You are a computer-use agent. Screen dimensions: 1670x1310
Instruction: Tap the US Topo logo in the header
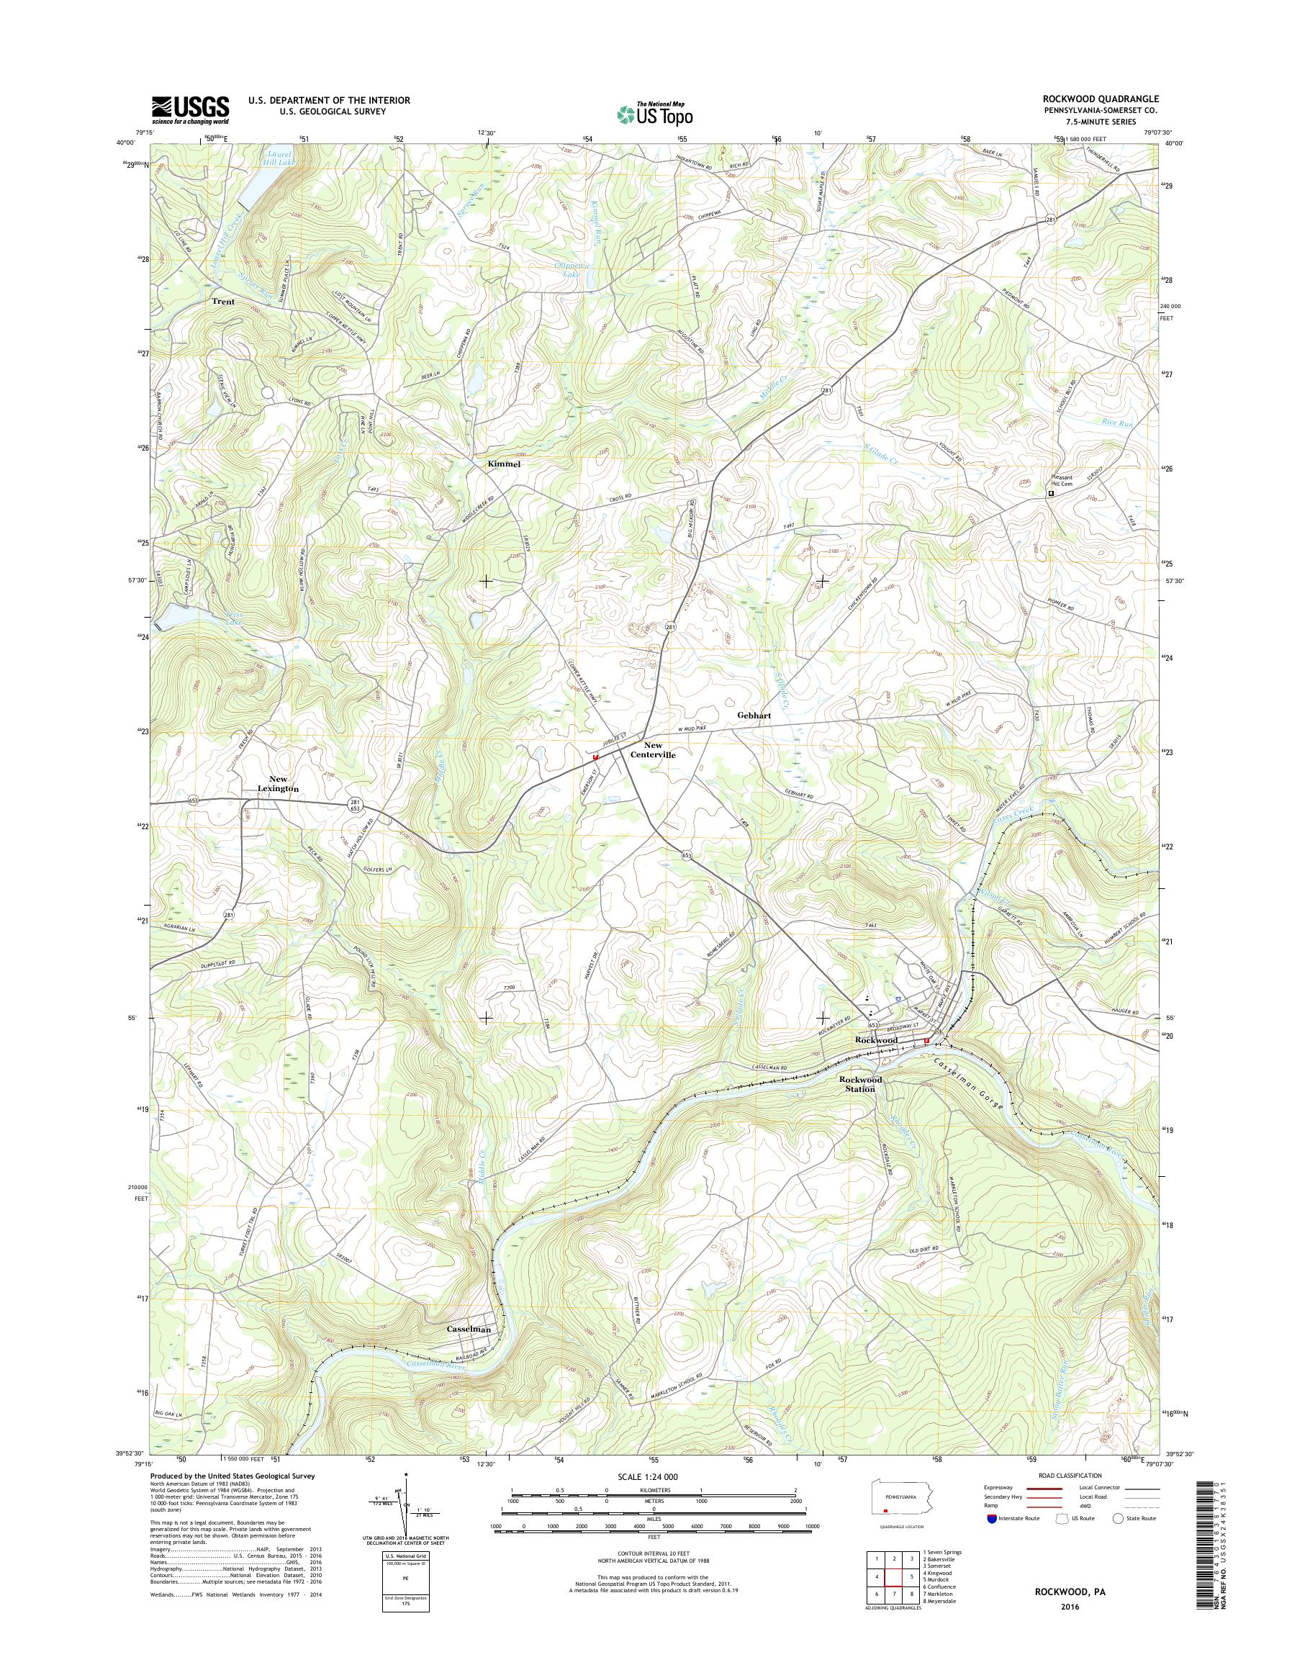click(654, 114)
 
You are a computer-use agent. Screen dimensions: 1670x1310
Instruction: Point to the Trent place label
click(224, 302)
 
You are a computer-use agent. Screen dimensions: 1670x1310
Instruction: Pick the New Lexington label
click(272, 783)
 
